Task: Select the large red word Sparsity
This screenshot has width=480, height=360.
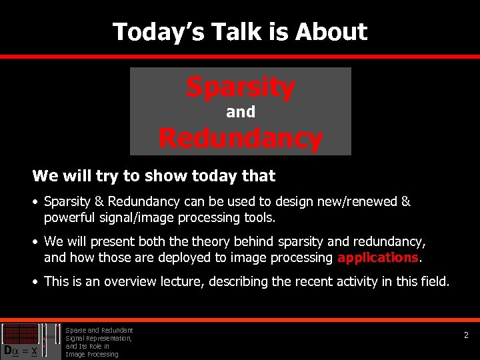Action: click(x=240, y=87)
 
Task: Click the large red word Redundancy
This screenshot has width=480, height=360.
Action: click(x=240, y=139)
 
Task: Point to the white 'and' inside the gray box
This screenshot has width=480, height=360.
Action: click(x=240, y=112)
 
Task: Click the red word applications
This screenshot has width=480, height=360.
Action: click(x=379, y=257)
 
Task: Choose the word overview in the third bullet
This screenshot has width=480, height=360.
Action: click(x=131, y=281)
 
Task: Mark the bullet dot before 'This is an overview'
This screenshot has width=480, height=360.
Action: click(x=36, y=282)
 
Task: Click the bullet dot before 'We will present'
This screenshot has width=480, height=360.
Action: click(x=36, y=242)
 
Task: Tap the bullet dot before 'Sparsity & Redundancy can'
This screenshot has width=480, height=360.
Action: click(x=36, y=202)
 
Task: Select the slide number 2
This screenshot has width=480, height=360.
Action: click(x=467, y=336)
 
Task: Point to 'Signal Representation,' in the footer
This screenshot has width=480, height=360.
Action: click(x=99, y=338)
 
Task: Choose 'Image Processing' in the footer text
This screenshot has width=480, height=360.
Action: click(x=91, y=354)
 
